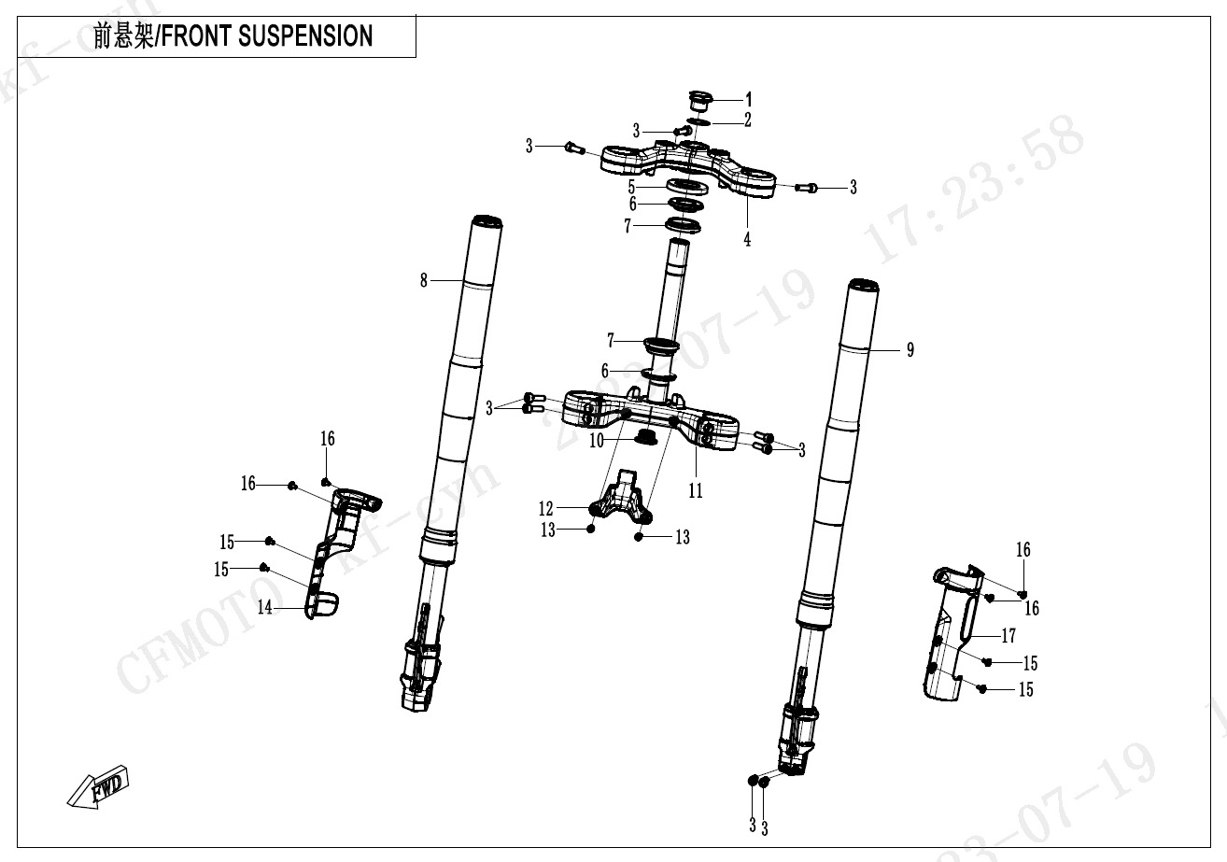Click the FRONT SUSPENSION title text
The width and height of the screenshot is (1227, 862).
233,36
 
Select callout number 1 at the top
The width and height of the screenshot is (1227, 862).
748,98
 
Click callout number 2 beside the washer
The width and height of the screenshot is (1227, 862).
748,120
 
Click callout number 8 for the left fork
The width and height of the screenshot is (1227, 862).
423,280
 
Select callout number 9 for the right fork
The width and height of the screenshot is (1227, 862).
910,350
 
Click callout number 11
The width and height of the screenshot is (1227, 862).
696,490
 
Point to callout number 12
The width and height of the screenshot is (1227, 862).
546,509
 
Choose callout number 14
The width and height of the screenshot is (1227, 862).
265,608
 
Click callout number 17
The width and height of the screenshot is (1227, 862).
1008,636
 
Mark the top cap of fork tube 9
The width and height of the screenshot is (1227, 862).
863,286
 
